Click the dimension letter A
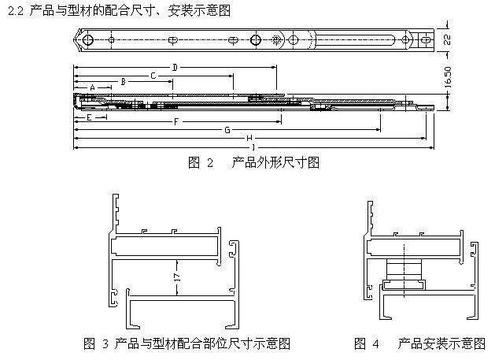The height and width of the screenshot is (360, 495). pos(92,87)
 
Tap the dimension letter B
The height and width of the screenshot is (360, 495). pos(122,81)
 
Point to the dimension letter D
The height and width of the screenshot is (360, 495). pos(174,67)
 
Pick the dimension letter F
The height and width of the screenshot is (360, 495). pos(176,122)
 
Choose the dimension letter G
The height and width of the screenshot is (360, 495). pos(227,129)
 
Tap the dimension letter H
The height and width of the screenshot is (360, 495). pos(249,138)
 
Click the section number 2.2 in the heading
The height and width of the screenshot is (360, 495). pos(13,9)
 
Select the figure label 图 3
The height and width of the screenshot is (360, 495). pos(96,343)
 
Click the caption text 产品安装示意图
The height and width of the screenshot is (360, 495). pos(441,343)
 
